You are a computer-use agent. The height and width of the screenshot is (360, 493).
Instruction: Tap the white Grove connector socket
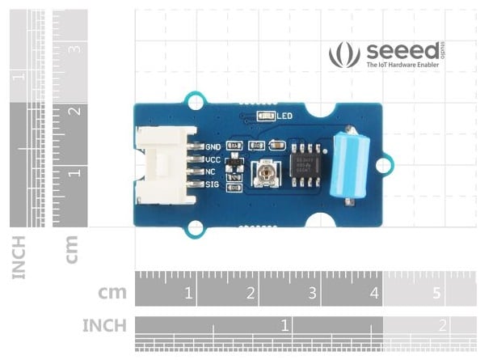tap(164, 165)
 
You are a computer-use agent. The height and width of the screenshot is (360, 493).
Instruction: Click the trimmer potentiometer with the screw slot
tap(263, 172)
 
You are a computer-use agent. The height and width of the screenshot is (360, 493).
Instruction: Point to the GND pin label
tap(213, 147)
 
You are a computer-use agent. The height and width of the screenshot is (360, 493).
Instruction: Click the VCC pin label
tap(213, 159)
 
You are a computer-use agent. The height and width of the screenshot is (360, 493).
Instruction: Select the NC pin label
tap(211, 172)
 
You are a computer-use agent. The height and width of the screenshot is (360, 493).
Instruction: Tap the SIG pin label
tap(213, 184)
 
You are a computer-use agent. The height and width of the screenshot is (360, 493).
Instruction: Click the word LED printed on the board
tap(284, 116)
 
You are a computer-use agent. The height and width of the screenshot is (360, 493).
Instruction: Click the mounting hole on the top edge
tap(194, 101)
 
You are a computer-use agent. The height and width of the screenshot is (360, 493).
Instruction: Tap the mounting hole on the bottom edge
tap(194, 229)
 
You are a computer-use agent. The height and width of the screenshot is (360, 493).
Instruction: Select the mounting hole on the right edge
tap(385, 164)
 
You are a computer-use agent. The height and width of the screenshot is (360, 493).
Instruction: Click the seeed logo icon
tap(344, 54)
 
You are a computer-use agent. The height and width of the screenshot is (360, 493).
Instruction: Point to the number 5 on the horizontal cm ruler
tap(437, 293)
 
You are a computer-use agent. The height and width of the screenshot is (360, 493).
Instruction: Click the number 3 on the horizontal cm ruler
tap(312, 293)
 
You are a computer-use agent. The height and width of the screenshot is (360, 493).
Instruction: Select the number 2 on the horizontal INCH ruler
tap(442, 325)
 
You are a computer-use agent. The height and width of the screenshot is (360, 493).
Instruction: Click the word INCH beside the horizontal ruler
tap(104, 325)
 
